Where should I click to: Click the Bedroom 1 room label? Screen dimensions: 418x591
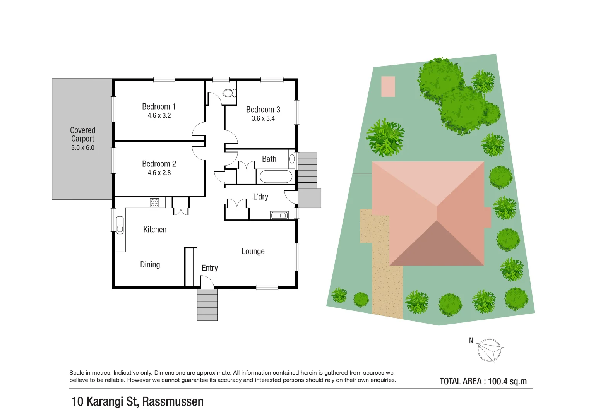click(159, 107)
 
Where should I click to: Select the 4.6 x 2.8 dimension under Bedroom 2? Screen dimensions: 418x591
click(159, 173)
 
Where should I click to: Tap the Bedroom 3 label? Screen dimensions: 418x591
click(263, 110)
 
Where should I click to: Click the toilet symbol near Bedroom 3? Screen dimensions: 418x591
click(228, 93)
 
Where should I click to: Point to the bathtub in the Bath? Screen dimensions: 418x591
click(276, 177)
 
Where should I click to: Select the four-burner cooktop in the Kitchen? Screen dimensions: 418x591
click(154, 202)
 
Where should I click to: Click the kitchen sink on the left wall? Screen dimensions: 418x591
click(120, 225)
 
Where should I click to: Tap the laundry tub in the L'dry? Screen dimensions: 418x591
click(279, 215)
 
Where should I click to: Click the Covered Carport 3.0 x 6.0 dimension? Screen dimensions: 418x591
click(82, 148)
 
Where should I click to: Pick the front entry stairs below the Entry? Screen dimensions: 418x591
click(207, 305)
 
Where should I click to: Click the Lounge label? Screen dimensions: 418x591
click(253, 252)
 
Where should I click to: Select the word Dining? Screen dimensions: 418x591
click(150, 265)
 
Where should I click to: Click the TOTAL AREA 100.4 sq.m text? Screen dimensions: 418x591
click(483, 381)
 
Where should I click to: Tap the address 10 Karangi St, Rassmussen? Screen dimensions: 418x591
click(137, 402)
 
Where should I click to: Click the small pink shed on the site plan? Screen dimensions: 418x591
click(388, 86)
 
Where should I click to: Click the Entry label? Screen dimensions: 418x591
click(209, 268)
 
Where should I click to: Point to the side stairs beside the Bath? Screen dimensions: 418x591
click(307, 171)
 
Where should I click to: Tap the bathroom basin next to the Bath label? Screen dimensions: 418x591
click(292, 159)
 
